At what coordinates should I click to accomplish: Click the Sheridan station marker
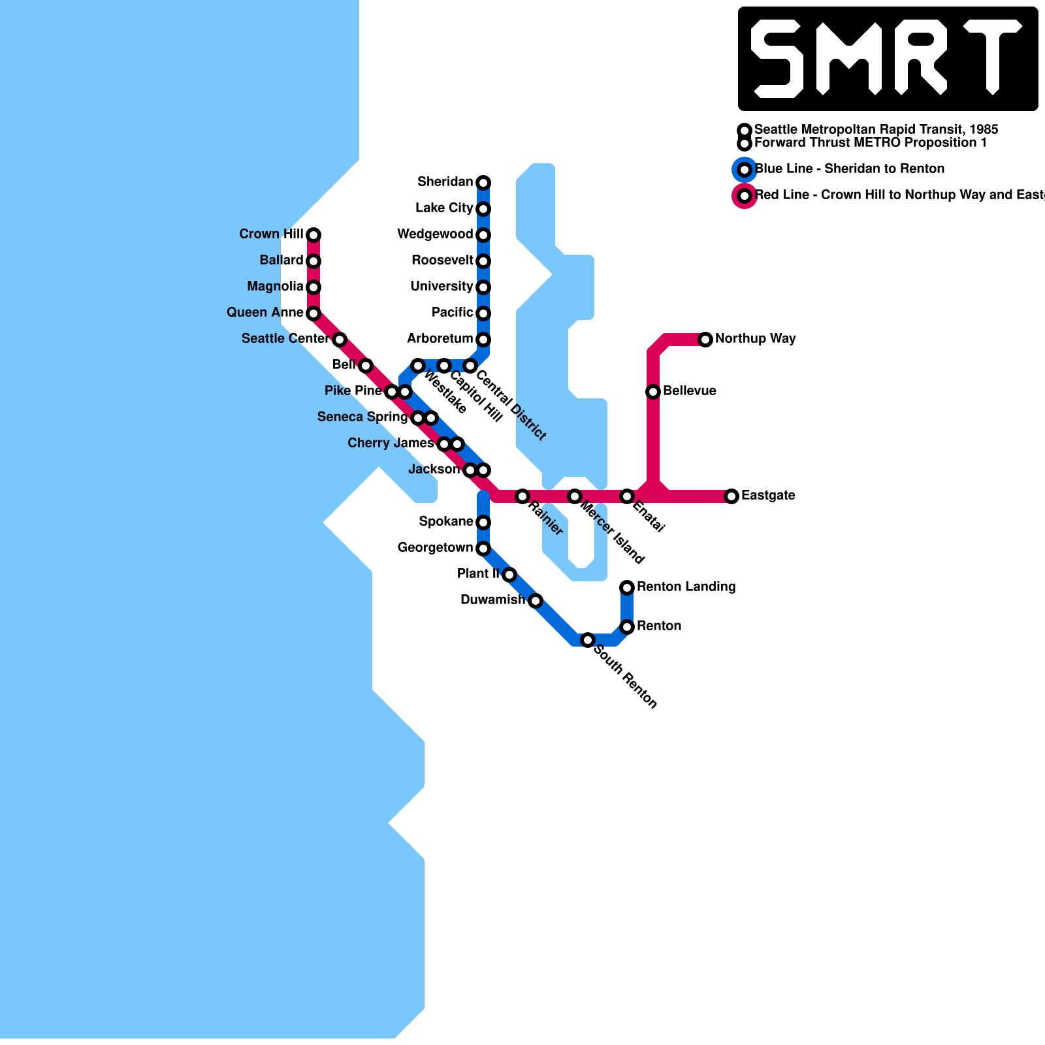(x=483, y=182)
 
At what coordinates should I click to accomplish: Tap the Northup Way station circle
(x=705, y=339)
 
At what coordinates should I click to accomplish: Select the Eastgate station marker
(x=731, y=496)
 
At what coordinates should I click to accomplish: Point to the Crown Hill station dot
(x=313, y=234)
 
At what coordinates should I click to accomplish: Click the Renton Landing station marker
(x=627, y=587)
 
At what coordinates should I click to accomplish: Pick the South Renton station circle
(x=588, y=639)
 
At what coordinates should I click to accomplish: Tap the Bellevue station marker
(x=653, y=391)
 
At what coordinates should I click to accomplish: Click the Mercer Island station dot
(x=575, y=496)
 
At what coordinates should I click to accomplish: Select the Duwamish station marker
(x=536, y=600)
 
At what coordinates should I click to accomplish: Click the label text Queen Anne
(x=265, y=312)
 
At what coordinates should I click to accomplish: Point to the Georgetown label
(x=435, y=547)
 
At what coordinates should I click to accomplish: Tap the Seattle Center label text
(x=285, y=338)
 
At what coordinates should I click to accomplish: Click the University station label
(x=442, y=286)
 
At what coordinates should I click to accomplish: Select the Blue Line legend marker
(x=745, y=170)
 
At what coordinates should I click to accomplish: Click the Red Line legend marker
(x=745, y=196)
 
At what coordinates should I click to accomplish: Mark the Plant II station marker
(x=509, y=574)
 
